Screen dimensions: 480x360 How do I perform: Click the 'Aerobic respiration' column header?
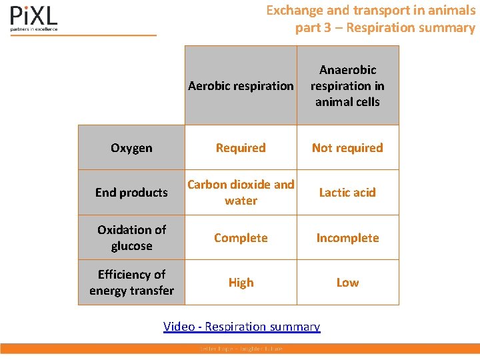click(241, 85)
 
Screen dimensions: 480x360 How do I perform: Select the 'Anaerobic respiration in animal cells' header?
click(347, 85)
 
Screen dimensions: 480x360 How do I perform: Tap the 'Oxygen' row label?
click(131, 148)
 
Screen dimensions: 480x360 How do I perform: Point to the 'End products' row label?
click(131, 193)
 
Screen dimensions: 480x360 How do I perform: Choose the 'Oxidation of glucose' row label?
click(131, 237)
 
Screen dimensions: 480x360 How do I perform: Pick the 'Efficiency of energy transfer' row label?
click(131, 282)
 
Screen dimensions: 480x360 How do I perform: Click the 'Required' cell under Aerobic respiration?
click(241, 148)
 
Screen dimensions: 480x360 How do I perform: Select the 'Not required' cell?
click(347, 148)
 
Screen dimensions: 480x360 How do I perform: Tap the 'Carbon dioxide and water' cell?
click(241, 192)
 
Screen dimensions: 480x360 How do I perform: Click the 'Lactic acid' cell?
click(347, 193)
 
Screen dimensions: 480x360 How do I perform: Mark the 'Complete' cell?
click(241, 238)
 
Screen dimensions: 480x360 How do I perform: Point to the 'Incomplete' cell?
click(347, 238)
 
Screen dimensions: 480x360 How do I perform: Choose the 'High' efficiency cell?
click(241, 283)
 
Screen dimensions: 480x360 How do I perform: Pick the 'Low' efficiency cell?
click(347, 283)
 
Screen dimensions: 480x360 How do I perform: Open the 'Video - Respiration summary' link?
click(242, 327)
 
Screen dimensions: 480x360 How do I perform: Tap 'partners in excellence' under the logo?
click(34, 29)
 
